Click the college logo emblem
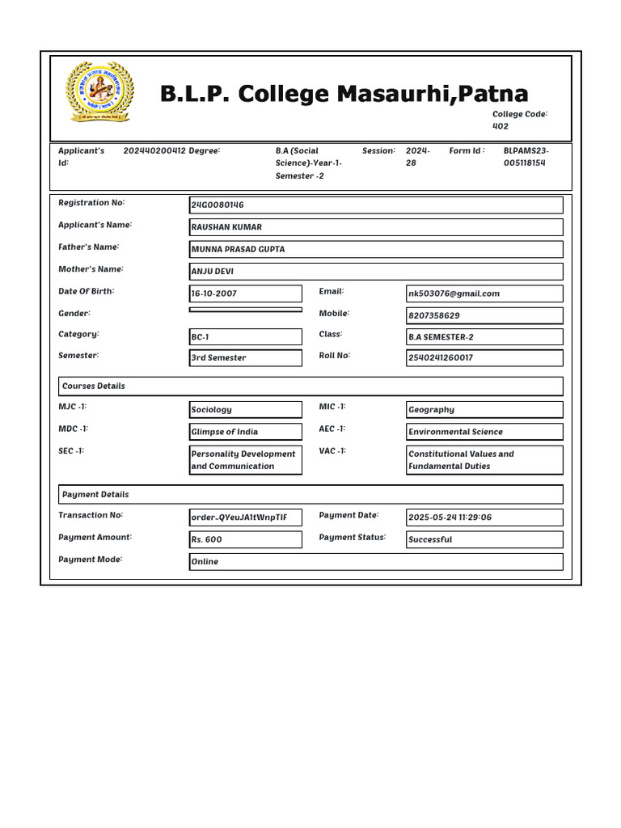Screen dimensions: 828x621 (99, 91)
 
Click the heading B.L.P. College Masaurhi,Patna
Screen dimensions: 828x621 (344, 94)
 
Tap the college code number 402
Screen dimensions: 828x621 (501, 126)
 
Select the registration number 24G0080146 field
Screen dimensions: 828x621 (376, 205)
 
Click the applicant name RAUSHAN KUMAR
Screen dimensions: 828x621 (376, 227)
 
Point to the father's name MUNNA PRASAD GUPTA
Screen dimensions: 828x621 (376, 249)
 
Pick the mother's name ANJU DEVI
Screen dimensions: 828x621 (376, 272)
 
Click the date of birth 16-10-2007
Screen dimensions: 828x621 (246, 294)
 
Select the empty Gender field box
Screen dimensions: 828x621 (246, 310)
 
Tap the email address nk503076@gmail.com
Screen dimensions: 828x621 (484, 294)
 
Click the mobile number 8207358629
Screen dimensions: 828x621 (484, 315)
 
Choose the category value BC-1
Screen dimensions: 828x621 (246, 336)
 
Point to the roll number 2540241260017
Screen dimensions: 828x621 (484, 357)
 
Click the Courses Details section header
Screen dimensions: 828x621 (310, 387)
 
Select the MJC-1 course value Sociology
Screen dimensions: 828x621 (246, 410)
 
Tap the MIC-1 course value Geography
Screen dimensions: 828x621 (484, 410)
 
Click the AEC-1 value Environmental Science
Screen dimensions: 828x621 (484, 432)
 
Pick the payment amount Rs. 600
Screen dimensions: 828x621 (246, 539)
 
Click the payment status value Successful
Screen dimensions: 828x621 (484, 539)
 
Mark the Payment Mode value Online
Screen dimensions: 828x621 (376, 561)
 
